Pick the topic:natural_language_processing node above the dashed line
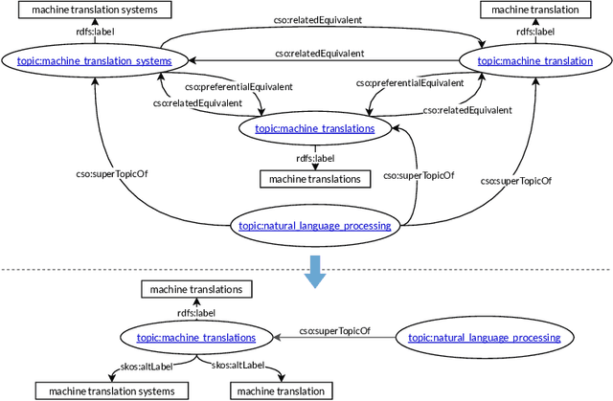(x=314, y=226)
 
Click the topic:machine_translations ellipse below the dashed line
(x=196, y=337)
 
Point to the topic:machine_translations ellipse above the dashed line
(x=315, y=126)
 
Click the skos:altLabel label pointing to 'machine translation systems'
(x=168, y=365)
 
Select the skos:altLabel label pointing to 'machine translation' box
(x=237, y=365)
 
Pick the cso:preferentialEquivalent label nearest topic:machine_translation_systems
(x=244, y=86)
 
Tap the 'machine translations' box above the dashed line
(x=314, y=179)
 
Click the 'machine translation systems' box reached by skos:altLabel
(x=105, y=390)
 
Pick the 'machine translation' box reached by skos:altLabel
(x=281, y=390)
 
